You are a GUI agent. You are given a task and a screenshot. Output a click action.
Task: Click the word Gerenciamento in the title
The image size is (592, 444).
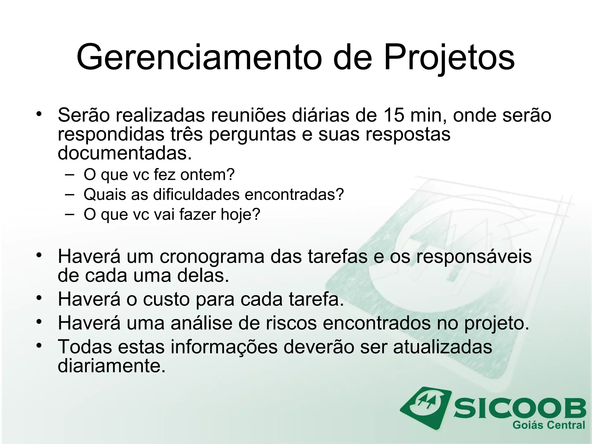[x=199, y=57]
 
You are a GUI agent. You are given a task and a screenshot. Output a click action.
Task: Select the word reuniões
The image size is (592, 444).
[x=248, y=115]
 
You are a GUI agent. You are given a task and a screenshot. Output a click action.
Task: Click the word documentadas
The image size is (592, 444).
[x=125, y=153]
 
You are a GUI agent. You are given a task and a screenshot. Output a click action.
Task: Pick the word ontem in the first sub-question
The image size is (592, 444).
[x=207, y=175]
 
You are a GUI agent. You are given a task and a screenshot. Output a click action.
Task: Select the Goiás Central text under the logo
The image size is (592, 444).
[x=549, y=425]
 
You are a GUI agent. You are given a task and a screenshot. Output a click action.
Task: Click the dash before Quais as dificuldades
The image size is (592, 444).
[x=69, y=194]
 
